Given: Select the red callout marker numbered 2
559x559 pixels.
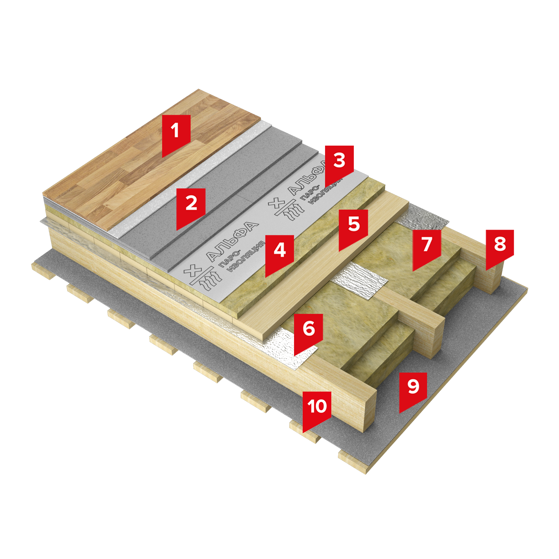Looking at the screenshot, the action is tap(191, 207).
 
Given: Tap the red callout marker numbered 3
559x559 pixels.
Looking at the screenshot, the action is tap(339, 164).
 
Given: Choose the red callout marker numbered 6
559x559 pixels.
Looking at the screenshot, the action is tap(309, 332).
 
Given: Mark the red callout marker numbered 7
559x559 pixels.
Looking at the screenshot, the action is tap(427, 248).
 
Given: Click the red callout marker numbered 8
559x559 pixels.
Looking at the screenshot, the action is tap(500, 248).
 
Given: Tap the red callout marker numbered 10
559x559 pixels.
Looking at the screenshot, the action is tap(317, 410).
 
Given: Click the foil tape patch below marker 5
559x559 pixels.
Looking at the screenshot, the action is tap(359, 279).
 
